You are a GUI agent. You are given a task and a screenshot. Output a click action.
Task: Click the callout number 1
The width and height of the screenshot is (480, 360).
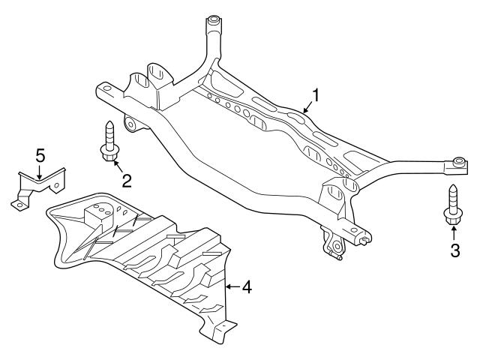coord(316,95)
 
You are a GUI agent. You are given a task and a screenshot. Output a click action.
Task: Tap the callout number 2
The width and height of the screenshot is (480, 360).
coord(127,180)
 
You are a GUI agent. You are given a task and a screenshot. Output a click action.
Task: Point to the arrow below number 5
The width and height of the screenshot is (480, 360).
coord(40,172)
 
